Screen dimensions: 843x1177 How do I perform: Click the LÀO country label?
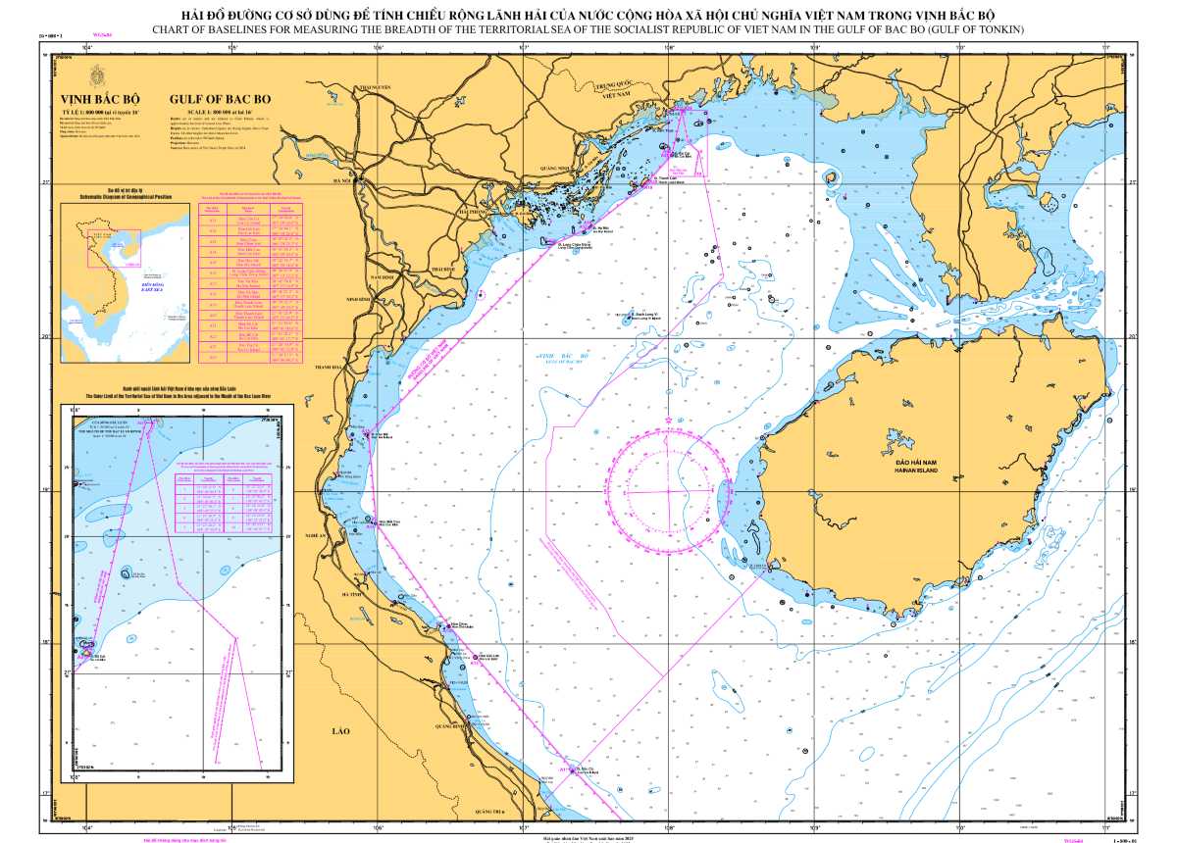tap(340, 731)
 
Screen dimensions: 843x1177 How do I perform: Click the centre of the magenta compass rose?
tap(668, 488)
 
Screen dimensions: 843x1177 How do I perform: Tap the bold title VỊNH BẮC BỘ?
tap(101, 99)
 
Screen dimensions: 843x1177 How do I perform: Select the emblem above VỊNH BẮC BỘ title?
tap(97, 75)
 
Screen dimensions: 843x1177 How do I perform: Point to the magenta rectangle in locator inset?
tap(115, 248)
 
